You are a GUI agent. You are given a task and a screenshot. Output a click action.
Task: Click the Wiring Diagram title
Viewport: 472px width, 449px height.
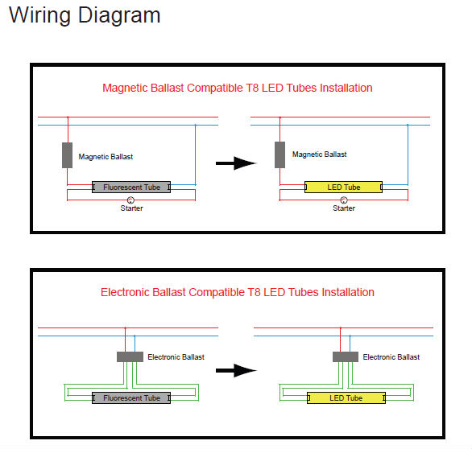tap(85, 15)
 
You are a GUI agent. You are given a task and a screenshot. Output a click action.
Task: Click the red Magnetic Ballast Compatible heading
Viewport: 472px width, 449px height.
tap(237, 88)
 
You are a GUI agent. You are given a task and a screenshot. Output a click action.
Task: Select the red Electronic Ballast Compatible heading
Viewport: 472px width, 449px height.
tap(237, 292)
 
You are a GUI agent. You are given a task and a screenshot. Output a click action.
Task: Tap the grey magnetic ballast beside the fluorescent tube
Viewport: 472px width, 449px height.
tap(67, 155)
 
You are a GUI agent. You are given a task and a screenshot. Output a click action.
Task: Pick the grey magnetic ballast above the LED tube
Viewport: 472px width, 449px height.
tap(279, 154)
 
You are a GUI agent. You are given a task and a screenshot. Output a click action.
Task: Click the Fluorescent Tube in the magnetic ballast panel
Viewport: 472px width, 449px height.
tap(131, 187)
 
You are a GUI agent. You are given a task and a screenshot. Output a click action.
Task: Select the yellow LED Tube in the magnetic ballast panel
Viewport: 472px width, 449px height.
tap(343, 187)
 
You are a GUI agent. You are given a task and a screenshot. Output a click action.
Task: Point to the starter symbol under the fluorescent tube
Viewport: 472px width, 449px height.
tap(130, 200)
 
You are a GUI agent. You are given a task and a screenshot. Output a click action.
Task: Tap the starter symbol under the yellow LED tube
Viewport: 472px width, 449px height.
tap(343, 200)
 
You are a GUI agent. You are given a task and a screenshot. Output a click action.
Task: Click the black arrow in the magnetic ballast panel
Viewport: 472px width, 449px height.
tap(236, 163)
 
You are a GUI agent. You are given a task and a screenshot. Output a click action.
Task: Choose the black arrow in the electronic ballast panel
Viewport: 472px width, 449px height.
tap(236, 370)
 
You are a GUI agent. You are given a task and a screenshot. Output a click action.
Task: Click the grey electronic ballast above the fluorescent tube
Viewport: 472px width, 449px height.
tap(130, 357)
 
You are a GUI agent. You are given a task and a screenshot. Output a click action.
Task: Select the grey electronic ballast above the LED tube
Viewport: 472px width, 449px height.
tap(346, 357)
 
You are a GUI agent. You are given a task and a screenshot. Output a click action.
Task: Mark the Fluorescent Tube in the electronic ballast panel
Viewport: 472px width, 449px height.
tap(131, 398)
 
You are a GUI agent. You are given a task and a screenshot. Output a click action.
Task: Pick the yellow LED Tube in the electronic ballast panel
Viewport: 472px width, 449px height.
tap(346, 398)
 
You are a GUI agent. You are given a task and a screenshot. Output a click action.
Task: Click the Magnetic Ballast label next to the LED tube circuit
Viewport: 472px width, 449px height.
tap(320, 154)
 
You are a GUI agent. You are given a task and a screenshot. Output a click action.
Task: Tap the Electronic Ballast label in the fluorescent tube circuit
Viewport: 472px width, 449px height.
tap(176, 357)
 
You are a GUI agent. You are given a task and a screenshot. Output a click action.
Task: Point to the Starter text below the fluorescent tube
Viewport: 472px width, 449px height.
tap(131, 208)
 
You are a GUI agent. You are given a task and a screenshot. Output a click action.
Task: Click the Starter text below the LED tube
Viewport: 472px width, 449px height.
tap(344, 208)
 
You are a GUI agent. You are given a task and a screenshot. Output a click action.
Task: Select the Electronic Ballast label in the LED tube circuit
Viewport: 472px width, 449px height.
tap(391, 357)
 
